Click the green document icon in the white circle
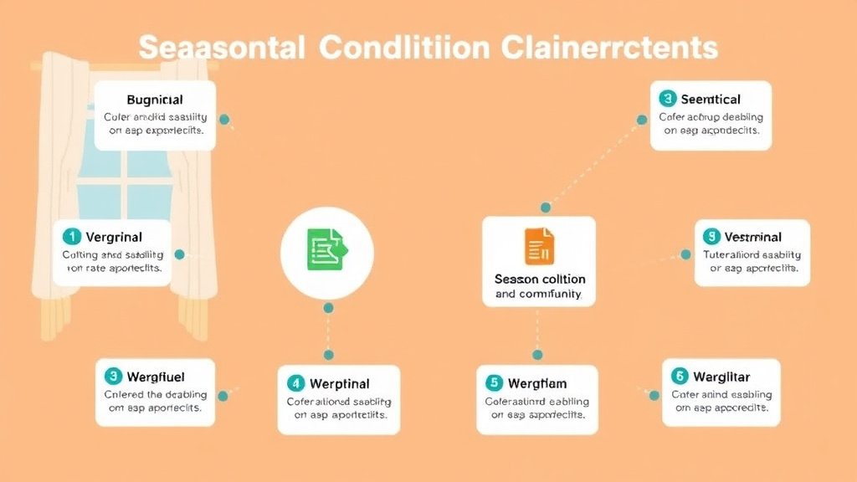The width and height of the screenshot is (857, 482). pyautogui.click(x=326, y=249)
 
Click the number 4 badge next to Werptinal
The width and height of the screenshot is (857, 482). pyautogui.click(x=295, y=384)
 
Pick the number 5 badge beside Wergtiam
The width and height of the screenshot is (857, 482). pyautogui.click(x=494, y=383)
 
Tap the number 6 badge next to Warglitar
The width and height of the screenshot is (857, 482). pyautogui.click(x=679, y=376)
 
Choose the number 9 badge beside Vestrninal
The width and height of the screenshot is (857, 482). pyautogui.click(x=711, y=237)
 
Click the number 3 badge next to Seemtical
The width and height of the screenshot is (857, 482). pyautogui.click(x=667, y=98)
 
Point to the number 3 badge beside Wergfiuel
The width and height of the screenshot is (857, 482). pyautogui.click(x=113, y=377)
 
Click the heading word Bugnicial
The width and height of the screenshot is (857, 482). pyautogui.click(x=154, y=100)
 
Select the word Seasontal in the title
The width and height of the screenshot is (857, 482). pyautogui.click(x=220, y=48)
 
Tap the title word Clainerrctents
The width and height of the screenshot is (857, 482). pyautogui.click(x=610, y=48)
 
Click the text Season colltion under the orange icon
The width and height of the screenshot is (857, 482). pyautogui.click(x=540, y=279)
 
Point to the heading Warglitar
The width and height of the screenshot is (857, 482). pyautogui.click(x=722, y=376)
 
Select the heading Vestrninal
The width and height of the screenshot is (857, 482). pyautogui.click(x=753, y=237)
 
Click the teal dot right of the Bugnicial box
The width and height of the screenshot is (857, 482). pyautogui.click(x=223, y=120)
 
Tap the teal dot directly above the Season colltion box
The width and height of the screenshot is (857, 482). pyautogui.click(x=546, y=207)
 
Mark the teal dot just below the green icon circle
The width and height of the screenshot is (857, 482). pyautogui.click(x=328, y=308)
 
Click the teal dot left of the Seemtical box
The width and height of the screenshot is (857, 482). pyautogui.click(x=642, y=120)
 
